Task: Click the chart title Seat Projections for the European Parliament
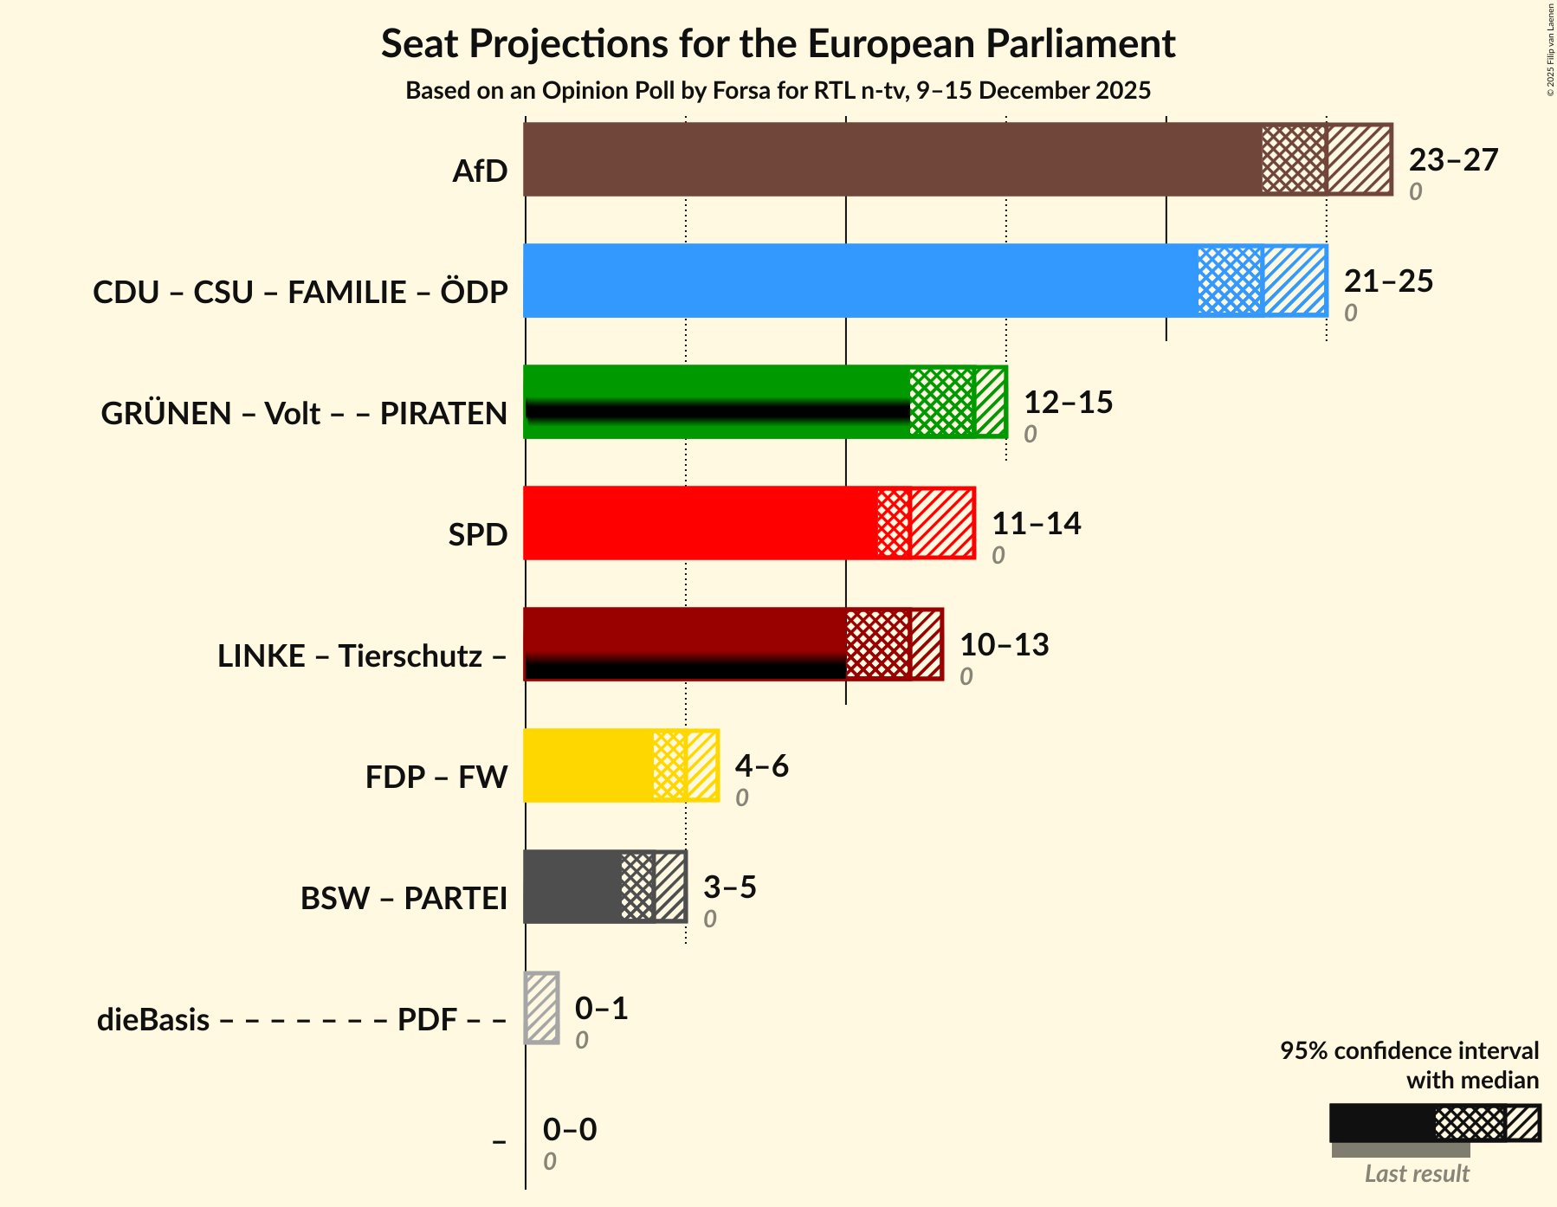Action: coord(778,43)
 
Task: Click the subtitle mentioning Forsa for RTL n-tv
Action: coord(778,91)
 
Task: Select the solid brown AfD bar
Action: coord(892,159)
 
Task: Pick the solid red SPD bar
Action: coord(700,523)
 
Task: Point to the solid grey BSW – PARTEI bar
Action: coord(572,887)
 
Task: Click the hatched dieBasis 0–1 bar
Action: coord(542,1008)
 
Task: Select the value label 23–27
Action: coord(1452,160)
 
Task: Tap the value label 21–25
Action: coord(1388,281)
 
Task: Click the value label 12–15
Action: coord(1068,403)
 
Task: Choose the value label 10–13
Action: coord(1004,645)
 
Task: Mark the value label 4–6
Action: coord(761,766)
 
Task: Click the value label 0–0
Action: coord(569,1130)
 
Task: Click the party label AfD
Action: coord(480,171)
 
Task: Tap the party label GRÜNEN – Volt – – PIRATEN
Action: coord(304,414)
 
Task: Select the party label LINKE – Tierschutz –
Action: coord(362,656)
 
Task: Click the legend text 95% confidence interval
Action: coord(1409,1051)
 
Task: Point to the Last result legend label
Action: coord(1417,1174)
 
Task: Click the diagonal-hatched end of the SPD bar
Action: coord(942,523)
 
